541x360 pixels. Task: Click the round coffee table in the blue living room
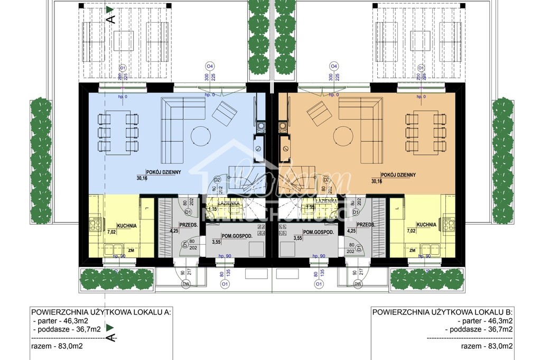(x=200, y=136)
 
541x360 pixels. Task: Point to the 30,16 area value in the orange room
(x=377, y=181)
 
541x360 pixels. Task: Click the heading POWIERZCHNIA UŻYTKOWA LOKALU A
(x=101, y=312)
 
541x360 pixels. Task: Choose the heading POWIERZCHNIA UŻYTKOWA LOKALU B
(x=442, y=312)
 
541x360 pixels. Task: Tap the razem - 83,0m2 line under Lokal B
(x=486, y=347)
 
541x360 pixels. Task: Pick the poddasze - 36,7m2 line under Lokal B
(x=479, y=329)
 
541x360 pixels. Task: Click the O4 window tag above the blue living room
(x=210, y=66)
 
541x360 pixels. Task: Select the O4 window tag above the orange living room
(x=333, y=66)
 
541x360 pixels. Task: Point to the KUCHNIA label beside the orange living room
(x=426, y=225)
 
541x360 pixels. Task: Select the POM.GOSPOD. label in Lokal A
(x=237, y=236)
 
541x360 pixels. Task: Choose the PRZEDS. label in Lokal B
(x=365, y=225)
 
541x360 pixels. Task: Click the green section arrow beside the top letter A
(x=109, y=9)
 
